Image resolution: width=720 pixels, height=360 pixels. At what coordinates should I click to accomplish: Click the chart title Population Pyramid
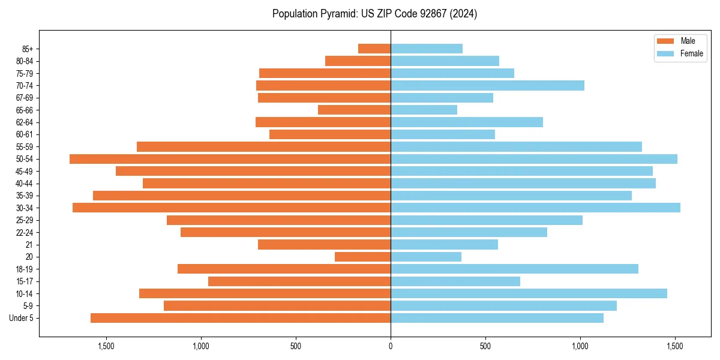tap(374, 14)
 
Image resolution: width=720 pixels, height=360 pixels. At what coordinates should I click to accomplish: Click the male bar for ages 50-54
tap(230, 159)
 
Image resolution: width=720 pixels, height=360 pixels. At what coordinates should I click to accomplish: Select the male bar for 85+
tap(374, 49)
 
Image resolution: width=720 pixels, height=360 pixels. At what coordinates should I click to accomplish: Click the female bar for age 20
tap(426, 257)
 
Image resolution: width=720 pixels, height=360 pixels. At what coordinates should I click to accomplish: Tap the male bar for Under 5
tap(241, 318)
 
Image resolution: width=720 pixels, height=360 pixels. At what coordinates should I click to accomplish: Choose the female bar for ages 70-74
tap(487, 85)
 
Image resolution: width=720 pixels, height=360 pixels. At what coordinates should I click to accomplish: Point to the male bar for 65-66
tap(354, 110)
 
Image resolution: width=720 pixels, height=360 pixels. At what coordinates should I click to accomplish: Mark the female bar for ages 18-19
tap(514, 269)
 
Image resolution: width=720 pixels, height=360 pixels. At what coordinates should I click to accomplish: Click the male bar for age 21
tap(324, 244)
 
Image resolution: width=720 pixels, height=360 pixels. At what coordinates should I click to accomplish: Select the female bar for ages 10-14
tap(529, 293)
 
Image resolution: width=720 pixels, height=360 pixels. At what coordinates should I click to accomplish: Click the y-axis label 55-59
tap(25, 146)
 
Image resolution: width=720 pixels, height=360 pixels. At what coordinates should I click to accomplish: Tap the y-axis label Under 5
tap(22, 318)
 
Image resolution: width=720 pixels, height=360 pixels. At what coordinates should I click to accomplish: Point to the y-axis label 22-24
tap(25, 232)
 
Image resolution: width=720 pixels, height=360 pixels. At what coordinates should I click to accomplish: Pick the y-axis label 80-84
tap(25, 61)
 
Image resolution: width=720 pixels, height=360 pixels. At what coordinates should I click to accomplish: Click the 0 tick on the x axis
tap(391, 346)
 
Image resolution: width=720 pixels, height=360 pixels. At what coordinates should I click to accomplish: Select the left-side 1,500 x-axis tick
tap(106, 346)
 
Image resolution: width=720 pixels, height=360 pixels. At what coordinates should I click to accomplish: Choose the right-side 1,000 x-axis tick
tap(580, 346)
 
